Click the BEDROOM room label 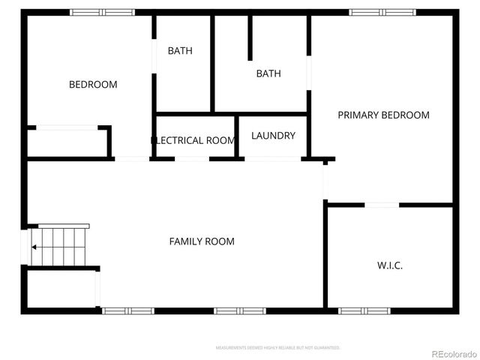(x=93, y=85)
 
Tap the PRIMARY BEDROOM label (x=383, y=115)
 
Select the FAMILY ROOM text (x=202, y=241)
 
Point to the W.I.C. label (x=389, y=265)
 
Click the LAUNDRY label (x=273, y=136)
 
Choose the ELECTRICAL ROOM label (x=195, y=140)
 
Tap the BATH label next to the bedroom (x=180, y=51)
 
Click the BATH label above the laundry (x=268, y=73)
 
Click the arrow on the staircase (x=34, y=246)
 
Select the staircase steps (x=64, y=245)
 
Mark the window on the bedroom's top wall (x=103, y=12)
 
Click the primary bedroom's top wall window (x=382, y=12)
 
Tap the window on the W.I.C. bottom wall (x=364, y=310)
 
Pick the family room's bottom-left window (x=128, y=310)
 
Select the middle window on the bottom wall (x=240, y=310)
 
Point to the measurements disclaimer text (x=278, y=348)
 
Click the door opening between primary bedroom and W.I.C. (x=381, y=205)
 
